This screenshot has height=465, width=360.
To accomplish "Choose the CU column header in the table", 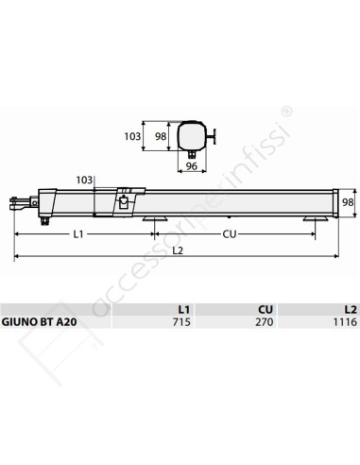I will point(266,308).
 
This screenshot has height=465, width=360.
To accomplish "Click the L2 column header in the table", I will point(350,308).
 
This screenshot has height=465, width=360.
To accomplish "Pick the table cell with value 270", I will point(264,322).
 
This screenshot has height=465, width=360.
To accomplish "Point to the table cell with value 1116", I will point(345,322).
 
